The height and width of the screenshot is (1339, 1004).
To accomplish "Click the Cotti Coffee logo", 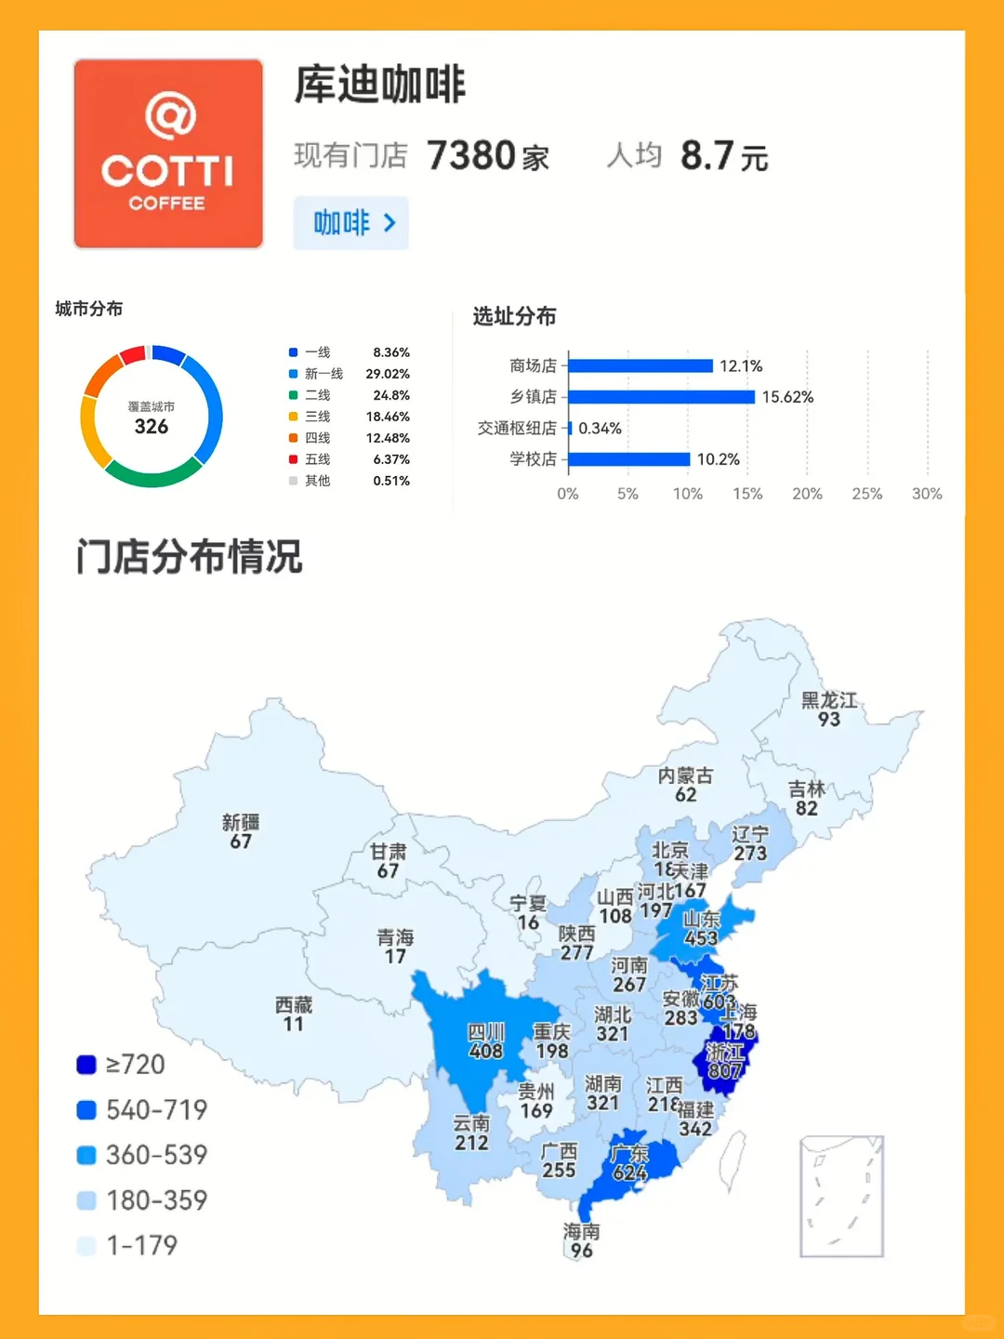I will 168,154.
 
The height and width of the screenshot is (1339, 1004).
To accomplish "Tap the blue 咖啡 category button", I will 351,223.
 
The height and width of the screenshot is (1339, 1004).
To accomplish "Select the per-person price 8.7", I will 707,156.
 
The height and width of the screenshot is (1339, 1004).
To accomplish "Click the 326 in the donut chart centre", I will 152,427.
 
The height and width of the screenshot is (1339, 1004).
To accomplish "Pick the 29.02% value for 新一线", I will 388,374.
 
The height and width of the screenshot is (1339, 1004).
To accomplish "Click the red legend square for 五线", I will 293,459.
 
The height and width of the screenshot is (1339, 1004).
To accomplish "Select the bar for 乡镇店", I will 661,397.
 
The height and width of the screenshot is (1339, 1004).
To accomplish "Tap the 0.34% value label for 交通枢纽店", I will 600,429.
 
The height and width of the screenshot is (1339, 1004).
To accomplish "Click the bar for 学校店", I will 629,459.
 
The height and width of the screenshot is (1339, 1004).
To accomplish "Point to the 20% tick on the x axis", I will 807,494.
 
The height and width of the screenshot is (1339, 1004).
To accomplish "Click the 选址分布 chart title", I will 514,317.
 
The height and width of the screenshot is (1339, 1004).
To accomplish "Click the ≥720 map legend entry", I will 121,1065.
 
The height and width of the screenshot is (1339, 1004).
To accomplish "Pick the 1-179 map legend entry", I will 127,1246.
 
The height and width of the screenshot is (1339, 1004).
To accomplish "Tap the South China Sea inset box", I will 841,1196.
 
